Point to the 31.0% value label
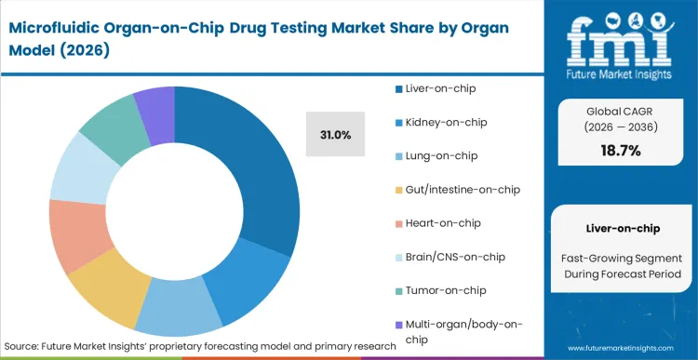[335, 135]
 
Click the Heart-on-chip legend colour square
[398, 223]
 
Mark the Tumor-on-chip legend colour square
[398, 290]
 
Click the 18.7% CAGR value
[620, 151]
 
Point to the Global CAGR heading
[620, 109]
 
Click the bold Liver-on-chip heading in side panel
[620, 227]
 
